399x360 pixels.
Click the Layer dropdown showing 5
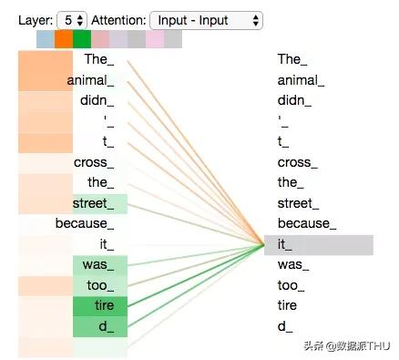point(72,20)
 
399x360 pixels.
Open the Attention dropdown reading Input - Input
point(206,20)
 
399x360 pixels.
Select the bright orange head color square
point(64,39)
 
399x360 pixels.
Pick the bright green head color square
point(82,39)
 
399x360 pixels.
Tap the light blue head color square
point(46,39)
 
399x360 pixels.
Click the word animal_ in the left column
point(90,80)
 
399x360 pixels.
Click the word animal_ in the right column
point(301,80)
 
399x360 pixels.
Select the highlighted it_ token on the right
point(319,245)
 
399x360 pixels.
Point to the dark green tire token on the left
point(100,306)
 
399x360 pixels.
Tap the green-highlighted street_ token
point(100,204)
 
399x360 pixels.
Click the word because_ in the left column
point(85,223)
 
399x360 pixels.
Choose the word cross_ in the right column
point(298,162)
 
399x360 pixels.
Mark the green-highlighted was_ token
point(100,265)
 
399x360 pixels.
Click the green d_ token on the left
point(100,326)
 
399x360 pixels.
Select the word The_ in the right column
point(292,59)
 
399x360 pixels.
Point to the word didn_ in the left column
point(97,100)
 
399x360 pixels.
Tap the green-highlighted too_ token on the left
point(100,285)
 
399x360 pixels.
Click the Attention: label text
point(118,20)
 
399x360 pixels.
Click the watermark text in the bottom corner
point(347,345)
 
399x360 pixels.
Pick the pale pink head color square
point(155,39)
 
